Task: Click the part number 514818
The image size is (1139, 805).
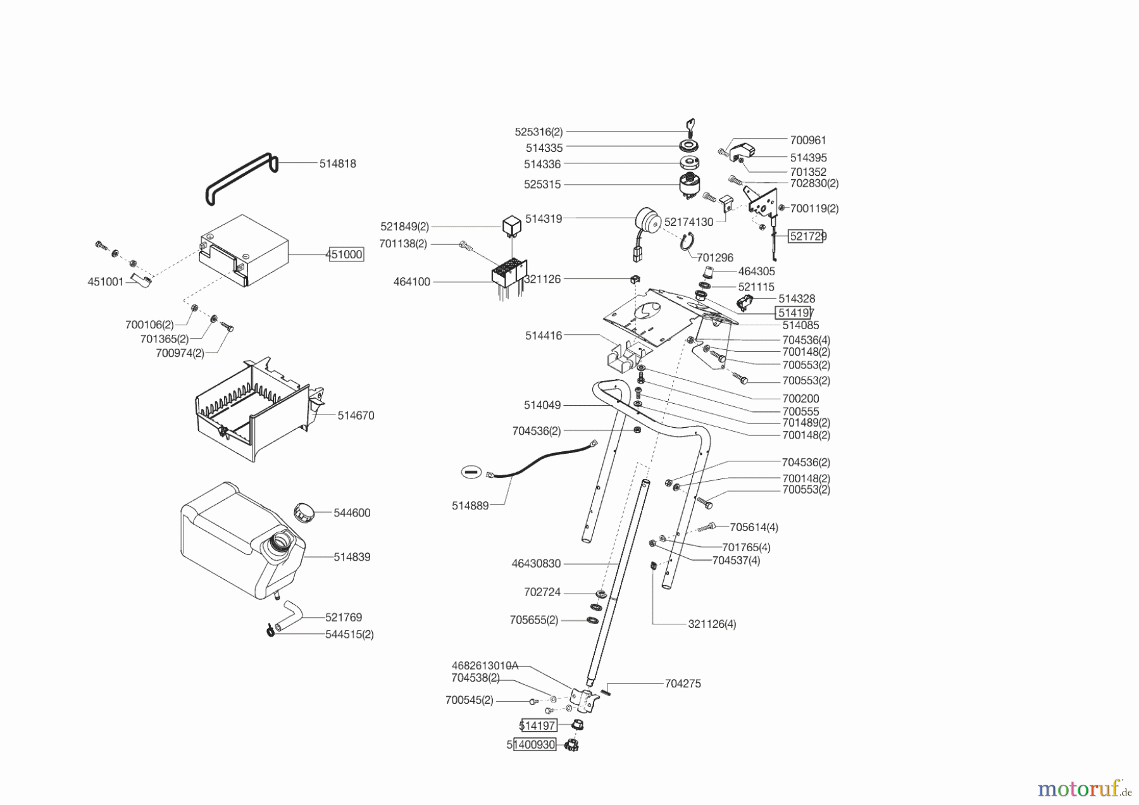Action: (337, 163)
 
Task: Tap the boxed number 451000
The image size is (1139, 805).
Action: (345, 254)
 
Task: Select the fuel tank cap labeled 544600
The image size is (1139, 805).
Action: (304, 511)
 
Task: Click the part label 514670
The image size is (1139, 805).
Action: (356, 415)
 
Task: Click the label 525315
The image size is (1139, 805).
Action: (543, 185)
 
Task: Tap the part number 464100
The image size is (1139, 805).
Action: (411, 282)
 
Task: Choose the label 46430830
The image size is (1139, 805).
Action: (536, 563)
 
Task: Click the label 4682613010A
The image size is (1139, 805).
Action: (485, 665)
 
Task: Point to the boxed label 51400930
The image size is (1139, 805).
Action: (533, 745)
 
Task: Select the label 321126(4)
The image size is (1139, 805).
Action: (712, 624)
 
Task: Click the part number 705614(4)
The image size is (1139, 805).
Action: (754, 527)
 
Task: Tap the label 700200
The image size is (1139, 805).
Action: (800, 398)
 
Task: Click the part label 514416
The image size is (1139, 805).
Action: (543, 335)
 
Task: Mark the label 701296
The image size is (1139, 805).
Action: (714, 258)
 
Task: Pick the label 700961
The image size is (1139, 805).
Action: (808, 140)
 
